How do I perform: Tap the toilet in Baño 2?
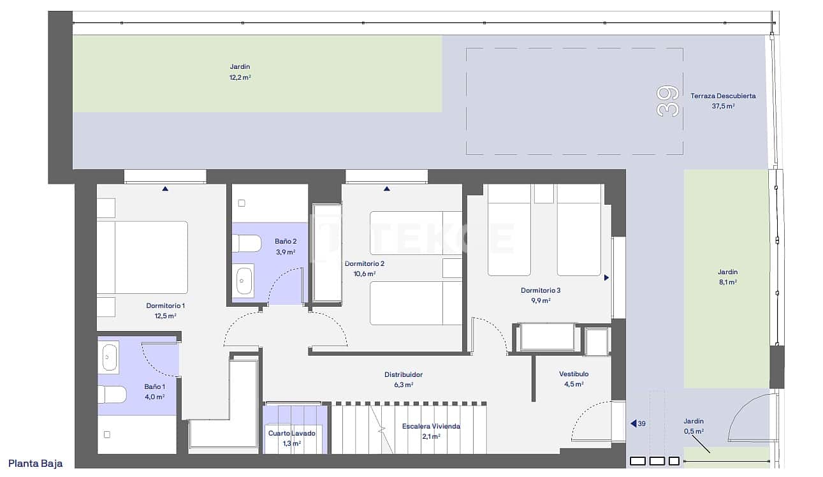(246, 243)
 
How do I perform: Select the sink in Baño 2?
(244, 279)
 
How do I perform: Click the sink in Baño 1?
(109, 358)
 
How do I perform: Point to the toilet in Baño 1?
(110, 394)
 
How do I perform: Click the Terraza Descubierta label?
(723, 96)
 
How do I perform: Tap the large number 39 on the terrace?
(667, 101)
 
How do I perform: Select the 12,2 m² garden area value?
(240, 78)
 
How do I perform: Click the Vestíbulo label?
(574, 374)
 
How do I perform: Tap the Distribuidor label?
(403, 375)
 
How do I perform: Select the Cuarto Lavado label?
(291, 434)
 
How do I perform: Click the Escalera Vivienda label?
(431, 427)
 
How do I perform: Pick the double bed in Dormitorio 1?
(142, 257)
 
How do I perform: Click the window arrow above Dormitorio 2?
(386, 189)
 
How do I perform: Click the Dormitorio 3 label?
(540, 291)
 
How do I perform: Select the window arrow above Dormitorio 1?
(165, 189)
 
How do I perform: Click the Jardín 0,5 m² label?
(694, 422)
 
